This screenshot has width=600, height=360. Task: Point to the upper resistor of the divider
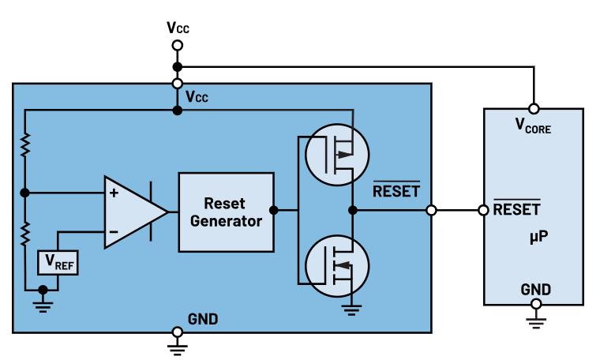coord(25,145)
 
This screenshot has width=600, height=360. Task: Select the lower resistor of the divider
coord(25,233)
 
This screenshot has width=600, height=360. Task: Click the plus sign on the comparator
coord(114,193)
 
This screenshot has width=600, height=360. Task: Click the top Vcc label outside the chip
coord(178,28)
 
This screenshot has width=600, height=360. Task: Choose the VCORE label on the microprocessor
coord(534,125)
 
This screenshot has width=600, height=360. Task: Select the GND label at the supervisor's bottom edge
coord(202,319)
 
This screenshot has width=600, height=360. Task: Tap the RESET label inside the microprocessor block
coord(516,210)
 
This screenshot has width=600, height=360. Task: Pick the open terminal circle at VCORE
coord(534,107)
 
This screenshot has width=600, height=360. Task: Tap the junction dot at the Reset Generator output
coord(272,211)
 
